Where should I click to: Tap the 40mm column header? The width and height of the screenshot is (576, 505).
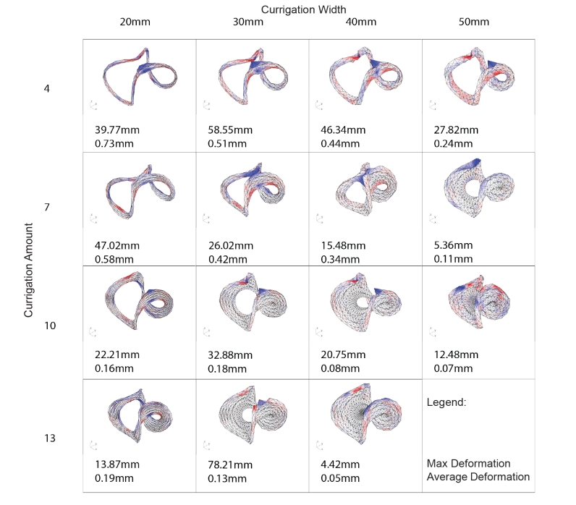point(362,22)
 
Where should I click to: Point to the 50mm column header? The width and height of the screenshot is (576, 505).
point(474,22)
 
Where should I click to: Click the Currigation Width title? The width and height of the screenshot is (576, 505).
point(305,8)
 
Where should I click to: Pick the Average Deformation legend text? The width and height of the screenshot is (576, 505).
point(478,477)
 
